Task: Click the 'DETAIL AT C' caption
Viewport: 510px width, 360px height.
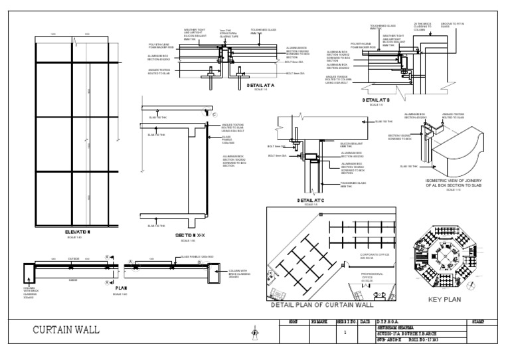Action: pyautogui.click(x=311, y=200)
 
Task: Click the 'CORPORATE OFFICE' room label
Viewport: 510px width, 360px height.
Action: pyautogui.click(x=376, y=255)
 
